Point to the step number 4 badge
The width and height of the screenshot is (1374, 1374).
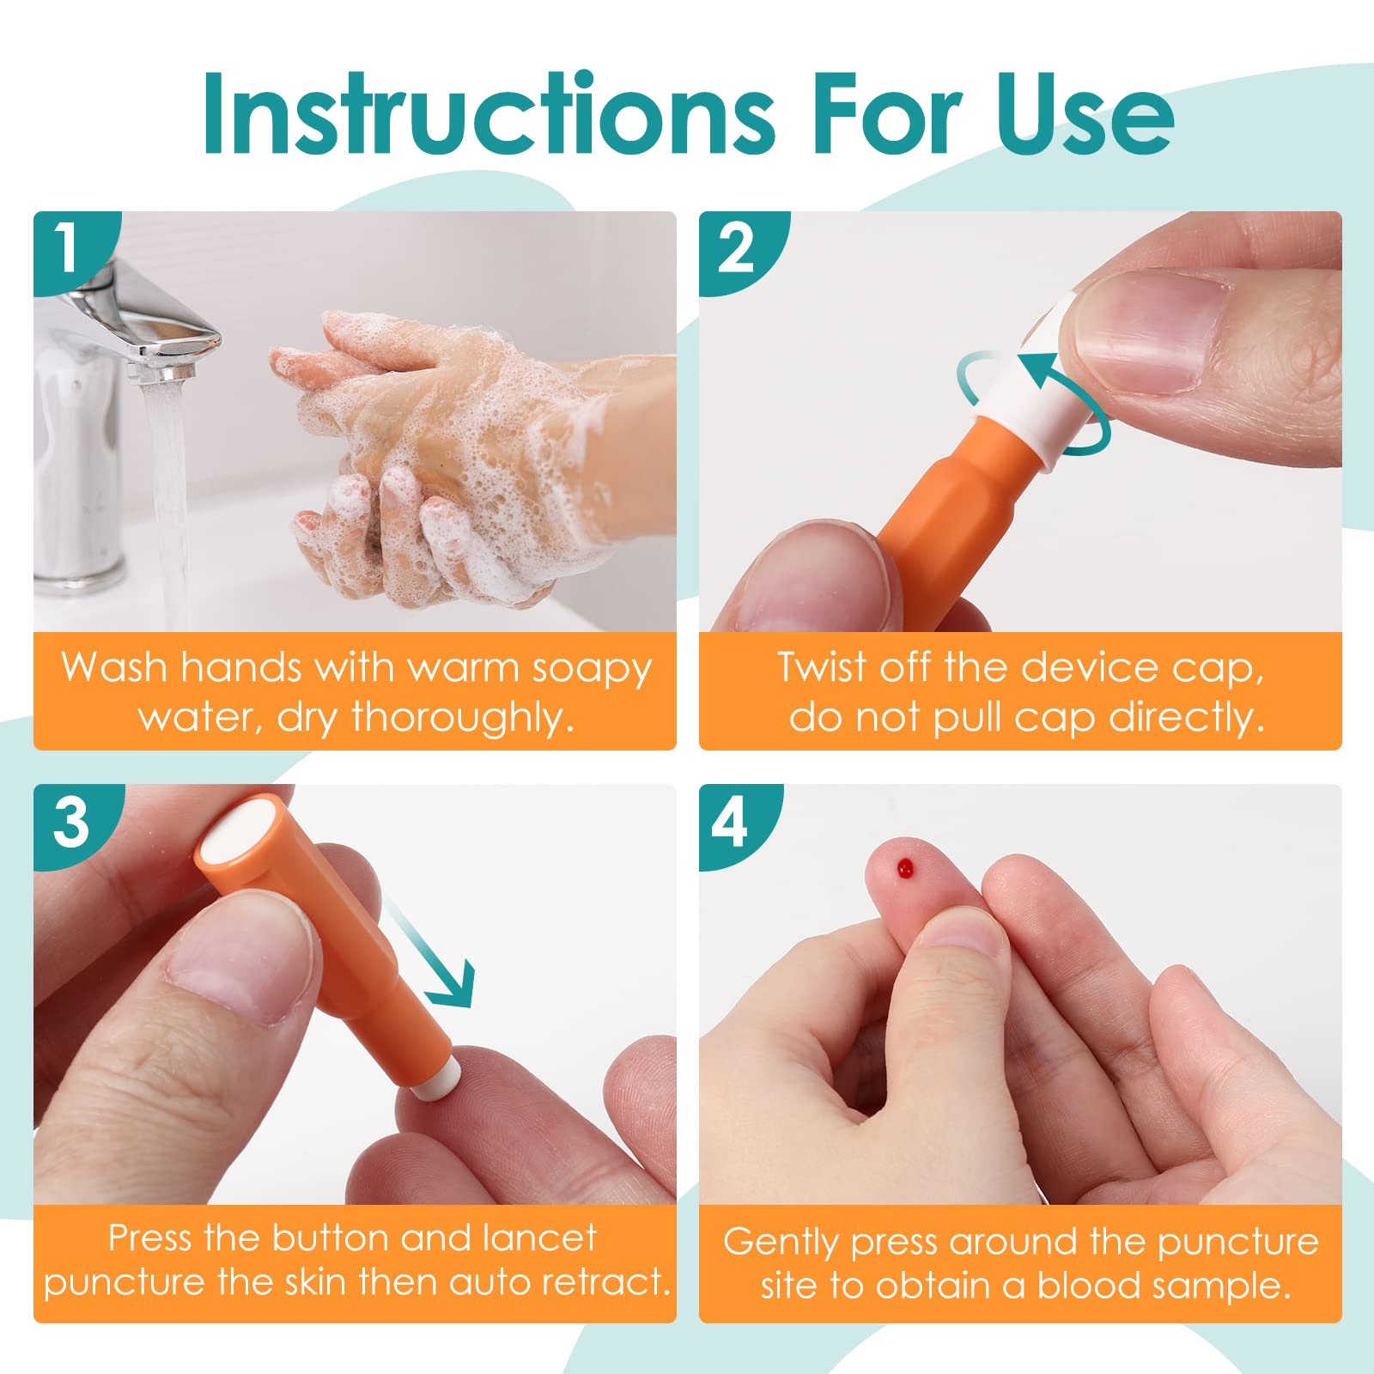click(732, 823)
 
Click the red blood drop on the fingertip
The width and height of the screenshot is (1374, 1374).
click(903, 868)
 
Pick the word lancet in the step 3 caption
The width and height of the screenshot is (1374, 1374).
click(539, 1237)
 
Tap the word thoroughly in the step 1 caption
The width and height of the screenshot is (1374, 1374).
click(463, 717)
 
